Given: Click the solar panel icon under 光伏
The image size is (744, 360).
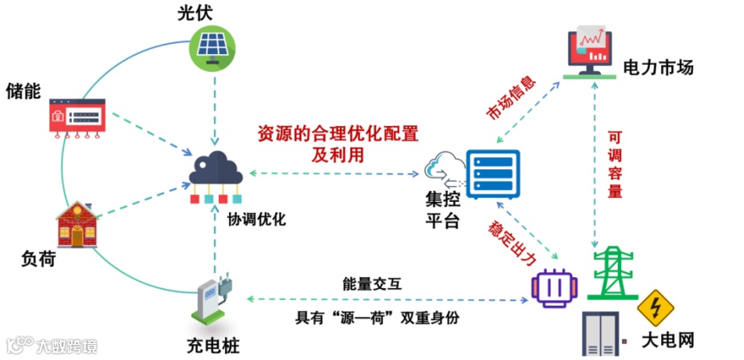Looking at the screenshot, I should tap(214, 47).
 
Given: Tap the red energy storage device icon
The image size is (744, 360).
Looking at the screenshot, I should tap(77, 117).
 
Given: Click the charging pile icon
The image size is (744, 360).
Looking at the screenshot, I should tap(212, 303).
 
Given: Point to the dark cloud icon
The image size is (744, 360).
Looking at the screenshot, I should tap(215, 168).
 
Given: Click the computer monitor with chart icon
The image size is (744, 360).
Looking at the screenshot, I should tap(592, 51).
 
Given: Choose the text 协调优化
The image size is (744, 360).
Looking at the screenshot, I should tap(256, 219).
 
